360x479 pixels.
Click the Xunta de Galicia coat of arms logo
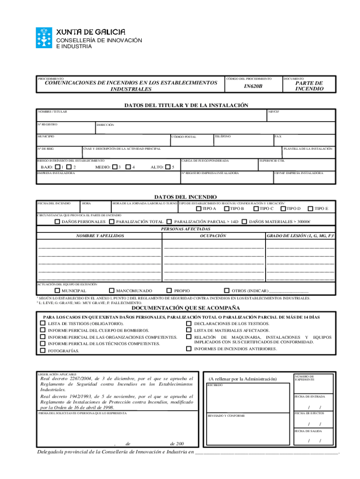[45, 37]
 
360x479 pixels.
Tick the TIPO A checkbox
[199, 209]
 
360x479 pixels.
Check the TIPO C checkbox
[256, 209]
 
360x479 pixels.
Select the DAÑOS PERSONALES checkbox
[57, 222]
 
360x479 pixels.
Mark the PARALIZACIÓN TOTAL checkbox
[112, 222]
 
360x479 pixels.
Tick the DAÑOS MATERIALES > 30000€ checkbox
[244, 222]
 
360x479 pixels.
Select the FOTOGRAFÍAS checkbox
[41, 350]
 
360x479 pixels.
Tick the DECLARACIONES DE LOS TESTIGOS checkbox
[189, 324]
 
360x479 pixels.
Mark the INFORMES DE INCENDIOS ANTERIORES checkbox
[189, 348]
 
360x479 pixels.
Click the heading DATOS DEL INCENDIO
[186, 197]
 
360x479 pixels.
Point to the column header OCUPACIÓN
[214, 236]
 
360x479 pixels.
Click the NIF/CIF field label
[274, 112]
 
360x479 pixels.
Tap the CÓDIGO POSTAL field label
[184, 137]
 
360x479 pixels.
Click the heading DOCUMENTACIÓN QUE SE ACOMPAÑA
[186, 308]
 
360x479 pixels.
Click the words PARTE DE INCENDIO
[309, 86]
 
